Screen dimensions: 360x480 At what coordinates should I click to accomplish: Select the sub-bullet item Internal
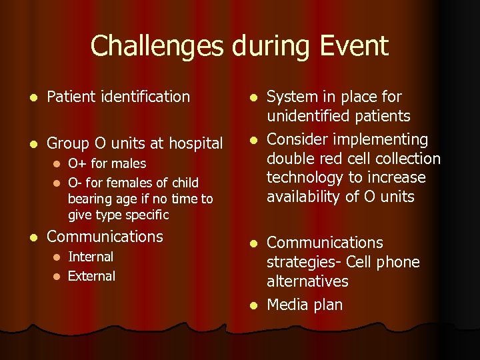point(91,257)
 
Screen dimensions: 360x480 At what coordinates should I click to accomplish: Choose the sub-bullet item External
point(91,276)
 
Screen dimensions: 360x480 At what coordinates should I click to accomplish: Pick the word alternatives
point(307,281)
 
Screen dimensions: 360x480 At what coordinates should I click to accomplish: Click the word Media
point(287,305)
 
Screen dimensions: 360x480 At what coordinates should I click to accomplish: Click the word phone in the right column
point(399,262)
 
